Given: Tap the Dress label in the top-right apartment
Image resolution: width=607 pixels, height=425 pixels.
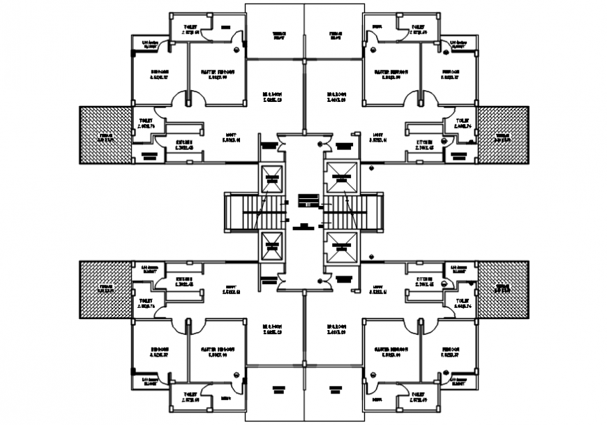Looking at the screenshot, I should tap(377, 27).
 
